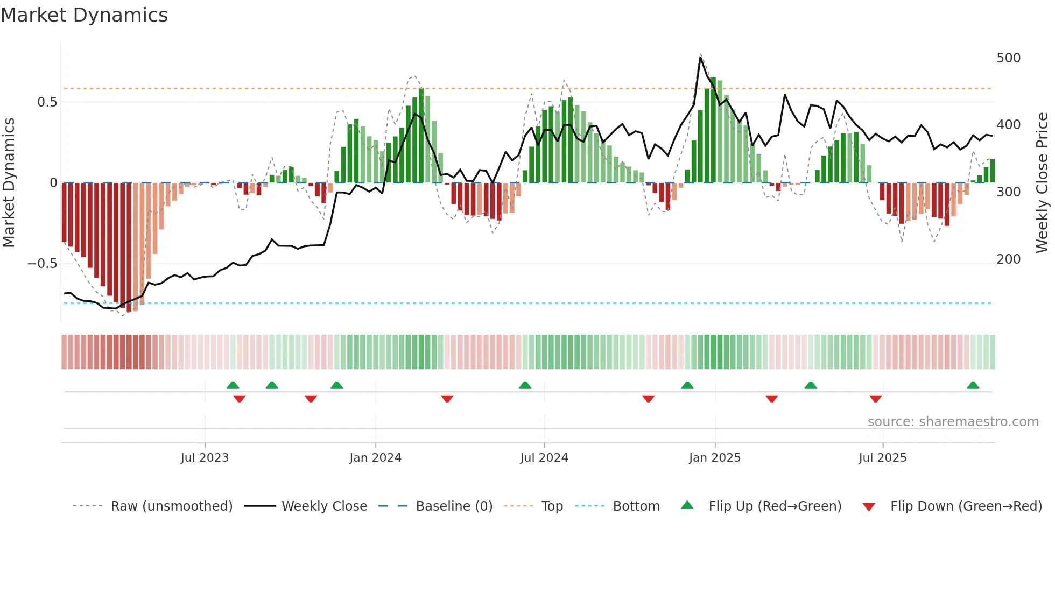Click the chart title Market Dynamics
84,15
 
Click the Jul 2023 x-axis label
205,458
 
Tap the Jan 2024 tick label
375,458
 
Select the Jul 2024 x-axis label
544,458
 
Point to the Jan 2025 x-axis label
715,458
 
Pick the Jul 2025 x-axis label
883,458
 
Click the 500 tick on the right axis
1009,58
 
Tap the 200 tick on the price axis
1009,259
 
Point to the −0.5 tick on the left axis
43,264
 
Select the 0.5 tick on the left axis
47,102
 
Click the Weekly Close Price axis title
1043,183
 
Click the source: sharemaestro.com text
953,422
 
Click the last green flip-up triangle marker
973,385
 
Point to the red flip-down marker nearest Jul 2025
876,399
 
